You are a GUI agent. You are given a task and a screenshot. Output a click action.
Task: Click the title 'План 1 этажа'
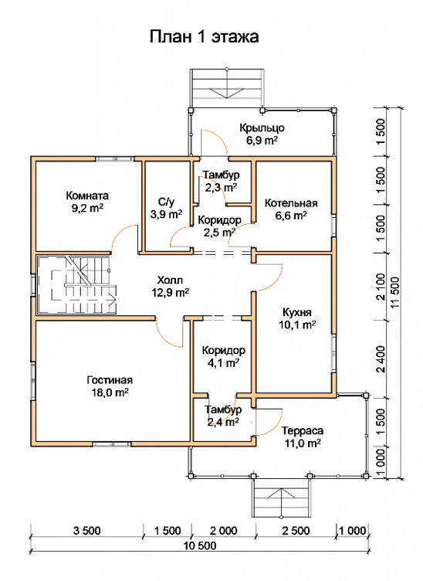coord(204,36)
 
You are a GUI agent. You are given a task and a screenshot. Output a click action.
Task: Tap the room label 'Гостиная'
coord(110,380)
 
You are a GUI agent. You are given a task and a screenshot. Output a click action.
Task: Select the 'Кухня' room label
coord(297,312)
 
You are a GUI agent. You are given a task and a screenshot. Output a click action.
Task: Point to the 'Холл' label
coord(170,280)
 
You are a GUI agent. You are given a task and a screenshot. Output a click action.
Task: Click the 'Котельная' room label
coord(291,203)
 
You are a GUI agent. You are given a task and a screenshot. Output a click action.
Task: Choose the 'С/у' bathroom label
coord(166,202)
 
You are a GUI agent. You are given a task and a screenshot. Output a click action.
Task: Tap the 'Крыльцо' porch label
coord(262,127)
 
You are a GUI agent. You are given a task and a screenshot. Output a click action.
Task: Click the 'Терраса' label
coord(303,430)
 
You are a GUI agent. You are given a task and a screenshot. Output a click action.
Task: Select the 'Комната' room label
coord(87,195)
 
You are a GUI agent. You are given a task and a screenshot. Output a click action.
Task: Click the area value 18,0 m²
coord(110,392)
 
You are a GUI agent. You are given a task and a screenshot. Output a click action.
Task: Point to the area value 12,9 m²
coord(171,292)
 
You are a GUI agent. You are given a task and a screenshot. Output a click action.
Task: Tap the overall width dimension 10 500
coord(200,545)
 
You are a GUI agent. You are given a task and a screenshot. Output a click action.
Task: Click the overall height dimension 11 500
coord(396,293)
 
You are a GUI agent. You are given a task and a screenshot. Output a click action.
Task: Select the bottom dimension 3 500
coord(86,531)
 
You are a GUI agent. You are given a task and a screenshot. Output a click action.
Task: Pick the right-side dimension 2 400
coord(380,359)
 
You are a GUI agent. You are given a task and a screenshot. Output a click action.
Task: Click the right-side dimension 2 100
coord(380,287)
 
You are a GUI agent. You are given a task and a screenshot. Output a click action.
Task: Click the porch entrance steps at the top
coord(226,88)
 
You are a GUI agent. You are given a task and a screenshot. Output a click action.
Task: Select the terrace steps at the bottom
coord(281,498)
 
